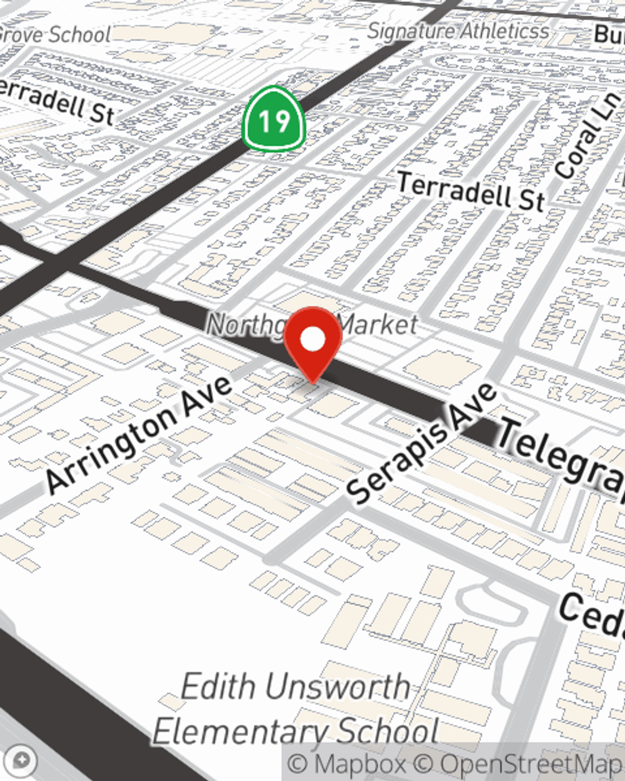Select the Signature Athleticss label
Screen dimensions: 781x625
(458, 31)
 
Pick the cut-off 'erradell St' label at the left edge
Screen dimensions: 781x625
(56, 100)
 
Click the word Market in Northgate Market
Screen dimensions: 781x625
(379, 324)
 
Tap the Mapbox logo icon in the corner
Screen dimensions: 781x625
(22, 760)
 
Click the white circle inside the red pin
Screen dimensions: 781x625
(312, 340)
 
